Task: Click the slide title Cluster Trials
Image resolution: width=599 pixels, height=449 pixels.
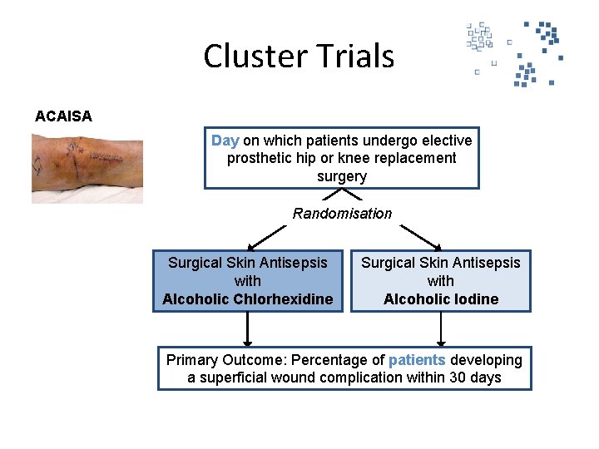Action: pos(299,57)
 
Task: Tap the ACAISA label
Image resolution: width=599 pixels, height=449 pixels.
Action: pos(63,116)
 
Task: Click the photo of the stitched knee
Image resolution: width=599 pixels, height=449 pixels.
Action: pos(87,169)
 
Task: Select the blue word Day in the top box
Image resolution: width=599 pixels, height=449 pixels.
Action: pos(225,141)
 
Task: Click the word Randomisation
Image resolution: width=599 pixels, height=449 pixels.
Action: pos(342,214)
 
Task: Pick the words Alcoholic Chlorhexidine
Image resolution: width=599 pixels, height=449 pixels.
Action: pos(248,299)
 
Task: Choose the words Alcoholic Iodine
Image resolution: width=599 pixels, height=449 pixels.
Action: pos(441,299)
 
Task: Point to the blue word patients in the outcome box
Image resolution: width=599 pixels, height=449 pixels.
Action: pos(417,360)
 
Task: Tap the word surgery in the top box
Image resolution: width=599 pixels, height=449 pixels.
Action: pos(342,176)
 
